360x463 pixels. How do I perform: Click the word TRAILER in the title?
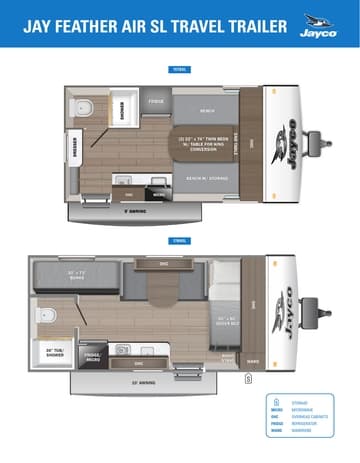click(244, 23)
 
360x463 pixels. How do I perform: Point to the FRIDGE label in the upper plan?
click(156, 102)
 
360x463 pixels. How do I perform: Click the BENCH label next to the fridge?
click(208, 110)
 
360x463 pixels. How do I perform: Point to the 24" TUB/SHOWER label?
click(56, 350)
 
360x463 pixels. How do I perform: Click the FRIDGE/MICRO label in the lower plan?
click(92, 356)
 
